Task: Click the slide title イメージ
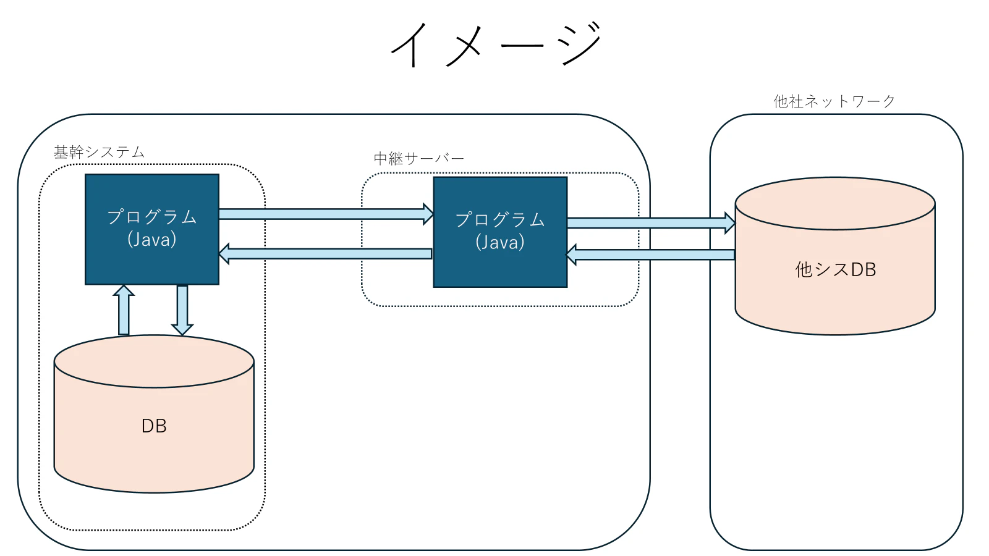[496, 44]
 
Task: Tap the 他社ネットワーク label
[834, 101]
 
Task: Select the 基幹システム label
[99, 152]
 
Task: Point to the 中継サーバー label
[418, 158]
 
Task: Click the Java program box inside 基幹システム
[152, 229]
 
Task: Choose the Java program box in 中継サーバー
[500, 232]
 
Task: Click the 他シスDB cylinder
[835, 256]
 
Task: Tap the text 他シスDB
[835, 269]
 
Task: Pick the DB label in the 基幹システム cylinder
[154, 426]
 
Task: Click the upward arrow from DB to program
[124, 310]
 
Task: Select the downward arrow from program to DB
[182, 310]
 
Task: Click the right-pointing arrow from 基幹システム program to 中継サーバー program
[326, 214]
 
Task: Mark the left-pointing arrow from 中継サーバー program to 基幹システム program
[325, 254]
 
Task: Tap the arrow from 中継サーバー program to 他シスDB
[652, 222]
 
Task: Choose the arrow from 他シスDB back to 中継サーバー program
[650, 255]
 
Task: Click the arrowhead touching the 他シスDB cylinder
[730, 222]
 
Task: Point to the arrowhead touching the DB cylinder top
[182, 330]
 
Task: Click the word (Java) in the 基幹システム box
[152, 240]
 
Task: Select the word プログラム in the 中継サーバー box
[500, 219]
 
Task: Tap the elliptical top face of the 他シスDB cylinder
[835, 203]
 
